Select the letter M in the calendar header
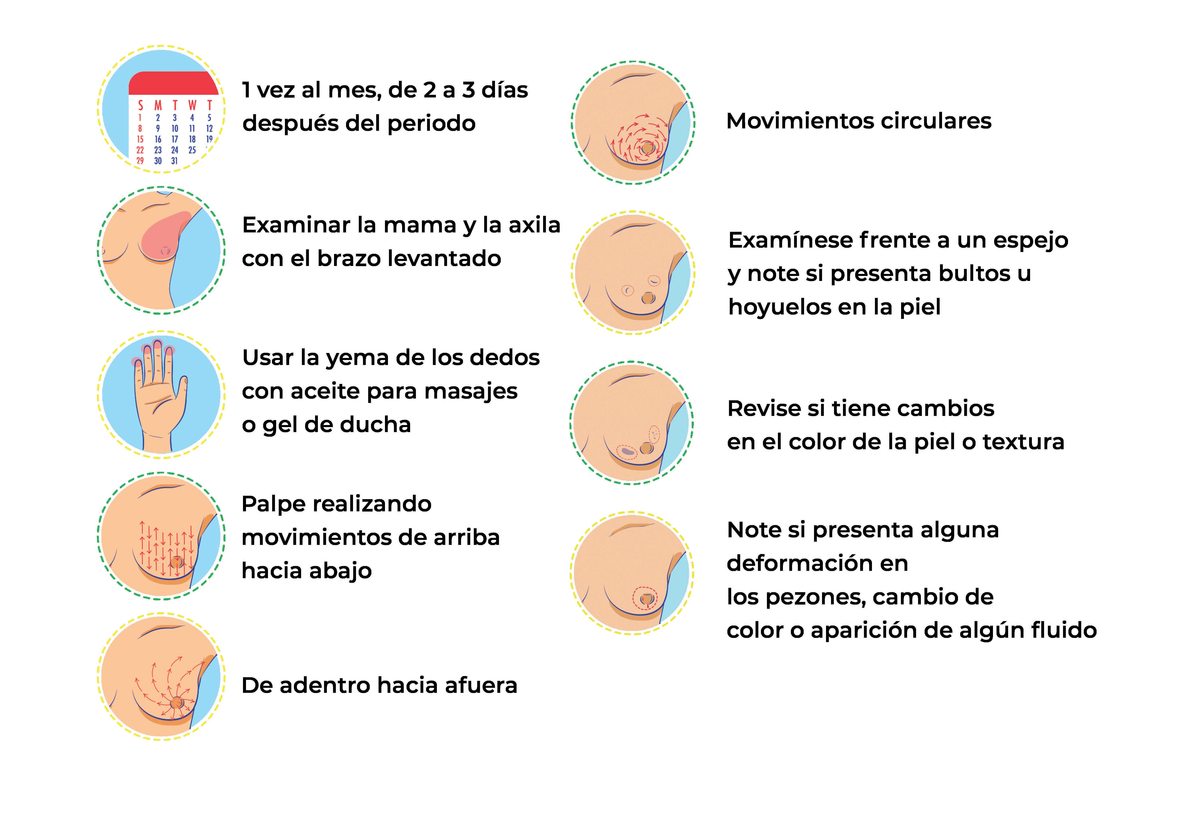(158, 106)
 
